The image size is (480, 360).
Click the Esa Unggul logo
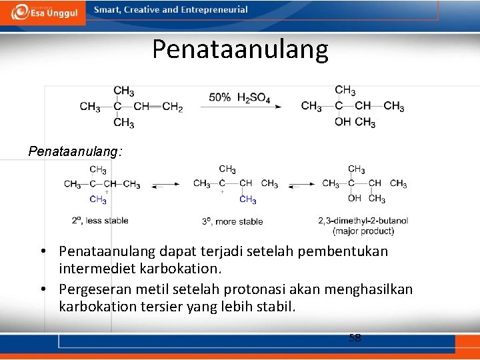[43, 11]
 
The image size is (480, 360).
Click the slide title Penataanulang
[240, 49]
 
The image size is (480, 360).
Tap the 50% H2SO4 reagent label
[239, 97]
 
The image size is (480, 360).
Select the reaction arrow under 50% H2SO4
[240, 107]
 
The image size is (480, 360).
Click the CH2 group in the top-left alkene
[172, 107]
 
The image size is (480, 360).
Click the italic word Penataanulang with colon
[75, 151]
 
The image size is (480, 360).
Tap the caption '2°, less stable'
[100, 220]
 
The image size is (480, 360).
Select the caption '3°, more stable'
[233, 221]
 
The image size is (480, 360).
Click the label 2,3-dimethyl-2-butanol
[363, 221]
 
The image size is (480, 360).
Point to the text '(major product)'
[363, 231]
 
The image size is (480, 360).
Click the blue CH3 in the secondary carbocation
[98, 199]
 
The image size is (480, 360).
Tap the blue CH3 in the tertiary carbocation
[247, 199]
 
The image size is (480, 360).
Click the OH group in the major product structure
[355, 198]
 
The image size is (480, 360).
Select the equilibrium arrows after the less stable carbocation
[165, 185]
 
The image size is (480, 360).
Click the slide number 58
[355, 338]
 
